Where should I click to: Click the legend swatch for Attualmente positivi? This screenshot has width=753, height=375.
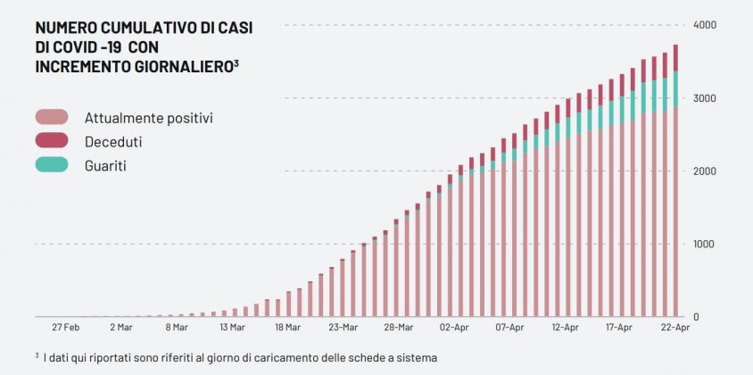click(52, 117)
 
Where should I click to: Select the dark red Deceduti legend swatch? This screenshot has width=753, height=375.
click(52, 140)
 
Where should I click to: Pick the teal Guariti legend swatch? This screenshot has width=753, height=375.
click(52, 164)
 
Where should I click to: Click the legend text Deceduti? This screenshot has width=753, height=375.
click(113, 141)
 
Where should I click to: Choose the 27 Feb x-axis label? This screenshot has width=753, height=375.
click(67, 328)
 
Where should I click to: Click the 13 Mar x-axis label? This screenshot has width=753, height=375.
click(231, 328)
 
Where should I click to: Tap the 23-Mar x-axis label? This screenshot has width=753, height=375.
click(343, 328)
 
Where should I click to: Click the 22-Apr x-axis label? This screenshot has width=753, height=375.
click(675, 328)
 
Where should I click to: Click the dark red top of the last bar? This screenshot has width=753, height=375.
click(675, 58)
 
